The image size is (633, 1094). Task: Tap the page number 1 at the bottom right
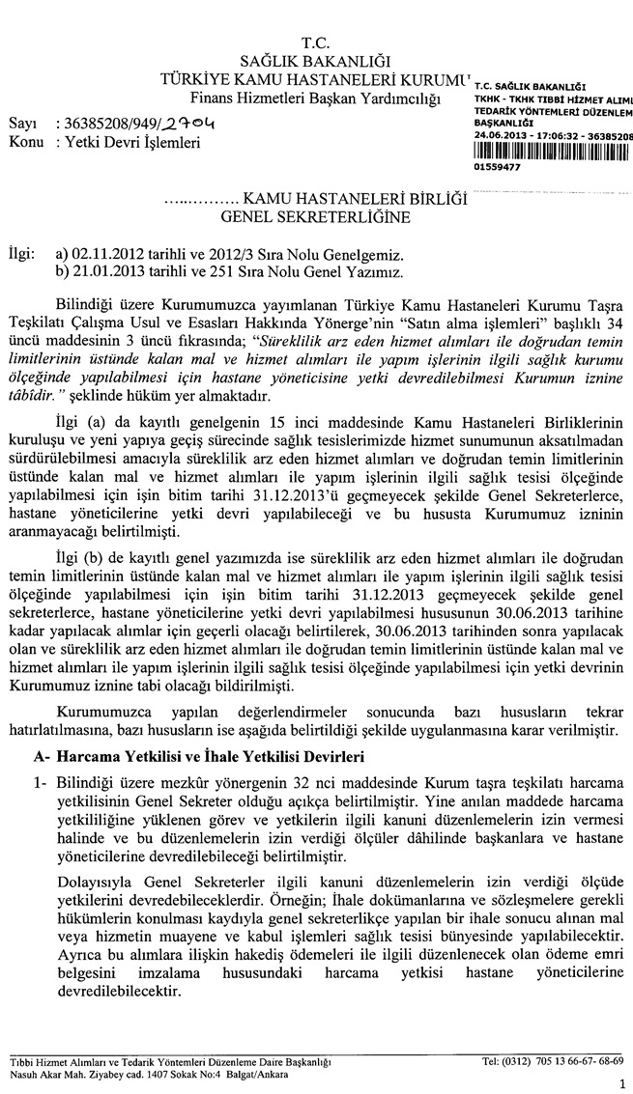coord(621,1082)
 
